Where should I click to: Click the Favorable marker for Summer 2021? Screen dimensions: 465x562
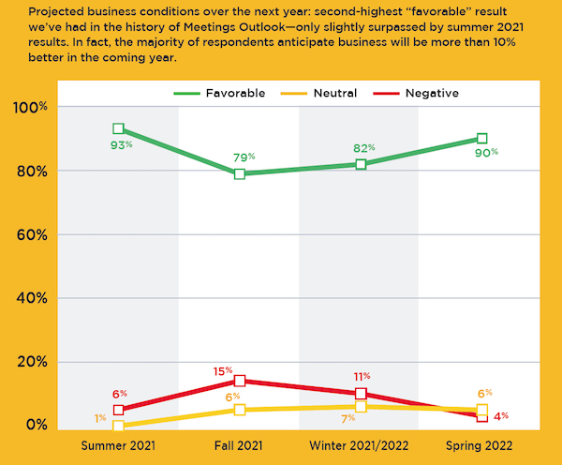(119, 128)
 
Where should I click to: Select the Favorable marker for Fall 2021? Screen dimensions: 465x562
(240, 173)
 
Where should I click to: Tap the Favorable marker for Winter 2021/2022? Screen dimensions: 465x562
(361, 164)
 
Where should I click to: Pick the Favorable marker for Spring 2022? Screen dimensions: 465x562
(481, 139)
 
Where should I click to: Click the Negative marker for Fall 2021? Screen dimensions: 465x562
(240, 381)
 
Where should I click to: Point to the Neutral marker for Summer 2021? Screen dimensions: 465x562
(119, 426)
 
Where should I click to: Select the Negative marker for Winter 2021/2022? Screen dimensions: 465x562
(361, 394)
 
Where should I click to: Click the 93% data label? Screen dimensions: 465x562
(119, 145)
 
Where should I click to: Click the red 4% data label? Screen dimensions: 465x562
(500, 415)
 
